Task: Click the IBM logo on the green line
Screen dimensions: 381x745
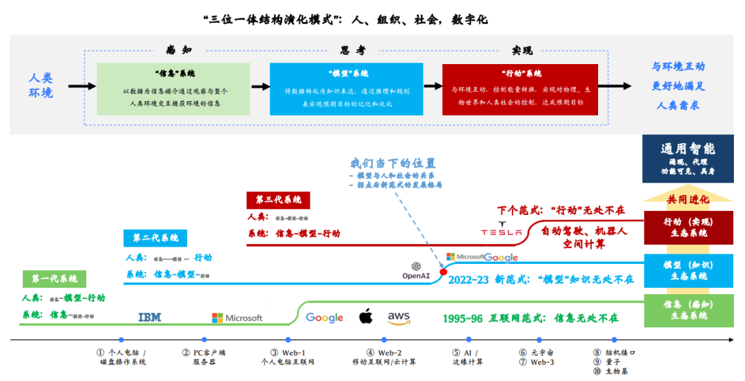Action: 150,317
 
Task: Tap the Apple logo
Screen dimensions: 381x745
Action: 366,316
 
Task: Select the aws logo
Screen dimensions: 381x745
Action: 399,317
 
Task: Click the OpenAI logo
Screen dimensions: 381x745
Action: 416,271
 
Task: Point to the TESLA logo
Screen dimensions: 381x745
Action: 501,232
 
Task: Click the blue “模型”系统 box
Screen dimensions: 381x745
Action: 346,89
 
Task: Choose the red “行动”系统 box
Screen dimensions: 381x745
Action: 519,89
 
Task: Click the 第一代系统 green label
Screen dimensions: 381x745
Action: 54,279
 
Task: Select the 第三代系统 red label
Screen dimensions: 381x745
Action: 278,200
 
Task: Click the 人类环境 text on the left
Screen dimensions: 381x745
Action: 41,85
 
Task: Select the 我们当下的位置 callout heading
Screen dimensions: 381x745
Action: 393,163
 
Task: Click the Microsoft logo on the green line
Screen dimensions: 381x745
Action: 237,318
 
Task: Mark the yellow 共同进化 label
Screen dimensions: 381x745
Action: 687,199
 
